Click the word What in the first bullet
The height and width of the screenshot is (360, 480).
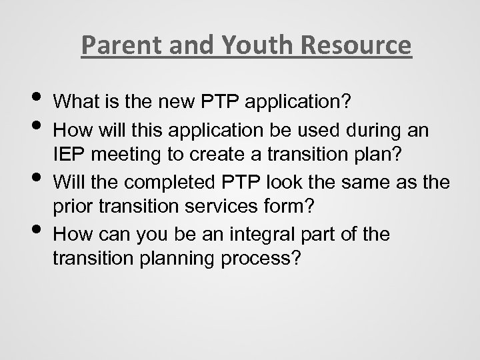pyautogui.click(x=75, y=103)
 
